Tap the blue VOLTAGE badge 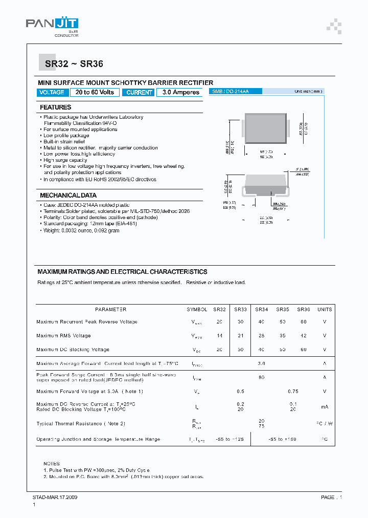(x=52, y=93)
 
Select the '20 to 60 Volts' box (x=95, y=93)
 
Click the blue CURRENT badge (x=139, y=93)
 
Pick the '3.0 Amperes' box (x=180, y=93)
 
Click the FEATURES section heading (x=56, y=107)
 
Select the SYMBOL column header (x=197, y=310)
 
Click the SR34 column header (x=261, y=310)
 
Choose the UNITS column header (x=325, y=310)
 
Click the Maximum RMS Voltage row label (x=63, y=336)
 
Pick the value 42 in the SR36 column (x=305, y=336)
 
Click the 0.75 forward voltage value (x=293, y=392)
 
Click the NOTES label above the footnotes (x=52, y=463)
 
